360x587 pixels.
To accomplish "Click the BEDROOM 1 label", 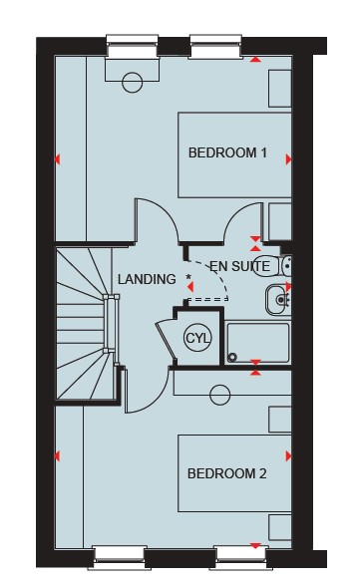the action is coord(227,152).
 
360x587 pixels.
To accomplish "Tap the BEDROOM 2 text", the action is coord(227,473).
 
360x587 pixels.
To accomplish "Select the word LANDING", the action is coord(147,279).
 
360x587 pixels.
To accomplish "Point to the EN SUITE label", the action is coord(239,266).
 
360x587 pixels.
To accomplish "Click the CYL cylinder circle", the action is coord(197,339).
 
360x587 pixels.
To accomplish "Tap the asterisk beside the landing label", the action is coord(188,277).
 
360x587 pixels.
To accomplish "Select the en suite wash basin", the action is coord(278,300).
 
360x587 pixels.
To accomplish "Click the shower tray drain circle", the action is coord(232,358).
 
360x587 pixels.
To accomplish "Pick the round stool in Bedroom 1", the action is coord(133,82).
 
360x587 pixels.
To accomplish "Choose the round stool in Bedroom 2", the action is coord(220,395).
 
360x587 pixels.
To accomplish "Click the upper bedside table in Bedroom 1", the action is coord(280,89).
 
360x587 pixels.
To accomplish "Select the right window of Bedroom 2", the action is coord(241,558).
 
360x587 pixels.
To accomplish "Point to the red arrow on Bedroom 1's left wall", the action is coord(57,159).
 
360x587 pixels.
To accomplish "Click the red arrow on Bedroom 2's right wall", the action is coord(288,456).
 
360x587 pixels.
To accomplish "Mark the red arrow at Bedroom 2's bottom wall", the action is coord(255,546).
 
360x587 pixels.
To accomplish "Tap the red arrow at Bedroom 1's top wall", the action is coord(255,59).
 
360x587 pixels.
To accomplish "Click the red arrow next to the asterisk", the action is coord(190,287).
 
